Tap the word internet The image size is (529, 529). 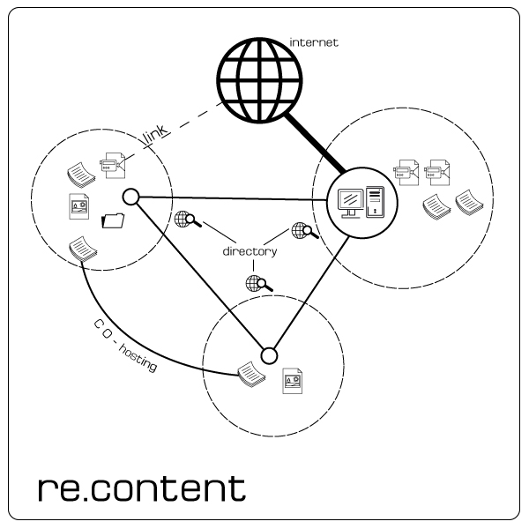coord(314,41)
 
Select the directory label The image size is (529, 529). coord(250,251)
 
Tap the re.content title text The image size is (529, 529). coord(142,487)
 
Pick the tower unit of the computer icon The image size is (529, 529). coord(376,202)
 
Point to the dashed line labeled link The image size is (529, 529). coord(194,127)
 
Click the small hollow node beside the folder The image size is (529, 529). coord(130,196)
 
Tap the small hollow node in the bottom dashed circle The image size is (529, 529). coord(269,356)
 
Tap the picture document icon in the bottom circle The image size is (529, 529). coord(292,382)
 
